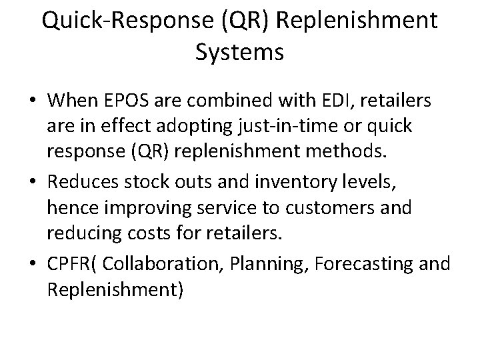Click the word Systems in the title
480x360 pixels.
tap(240, 52)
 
